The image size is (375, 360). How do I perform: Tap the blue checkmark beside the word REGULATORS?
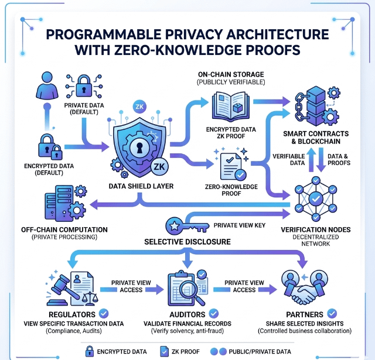[104, 314]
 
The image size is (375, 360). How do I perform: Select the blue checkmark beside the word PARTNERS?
[332, 314]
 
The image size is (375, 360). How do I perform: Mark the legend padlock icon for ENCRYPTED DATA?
[89, 351]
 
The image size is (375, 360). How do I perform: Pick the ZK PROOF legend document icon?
[165, 351]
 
